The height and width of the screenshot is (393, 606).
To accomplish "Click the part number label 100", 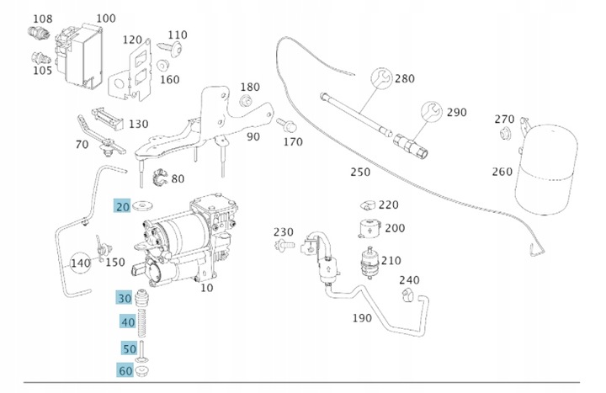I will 106,18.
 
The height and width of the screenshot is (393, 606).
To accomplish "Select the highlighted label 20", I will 123,206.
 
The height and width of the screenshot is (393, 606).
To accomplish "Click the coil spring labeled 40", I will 142,324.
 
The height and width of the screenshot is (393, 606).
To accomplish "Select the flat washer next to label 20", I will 142,204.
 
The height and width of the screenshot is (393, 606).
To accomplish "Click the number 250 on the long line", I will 359,173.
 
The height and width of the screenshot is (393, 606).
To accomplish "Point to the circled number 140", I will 80,263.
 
